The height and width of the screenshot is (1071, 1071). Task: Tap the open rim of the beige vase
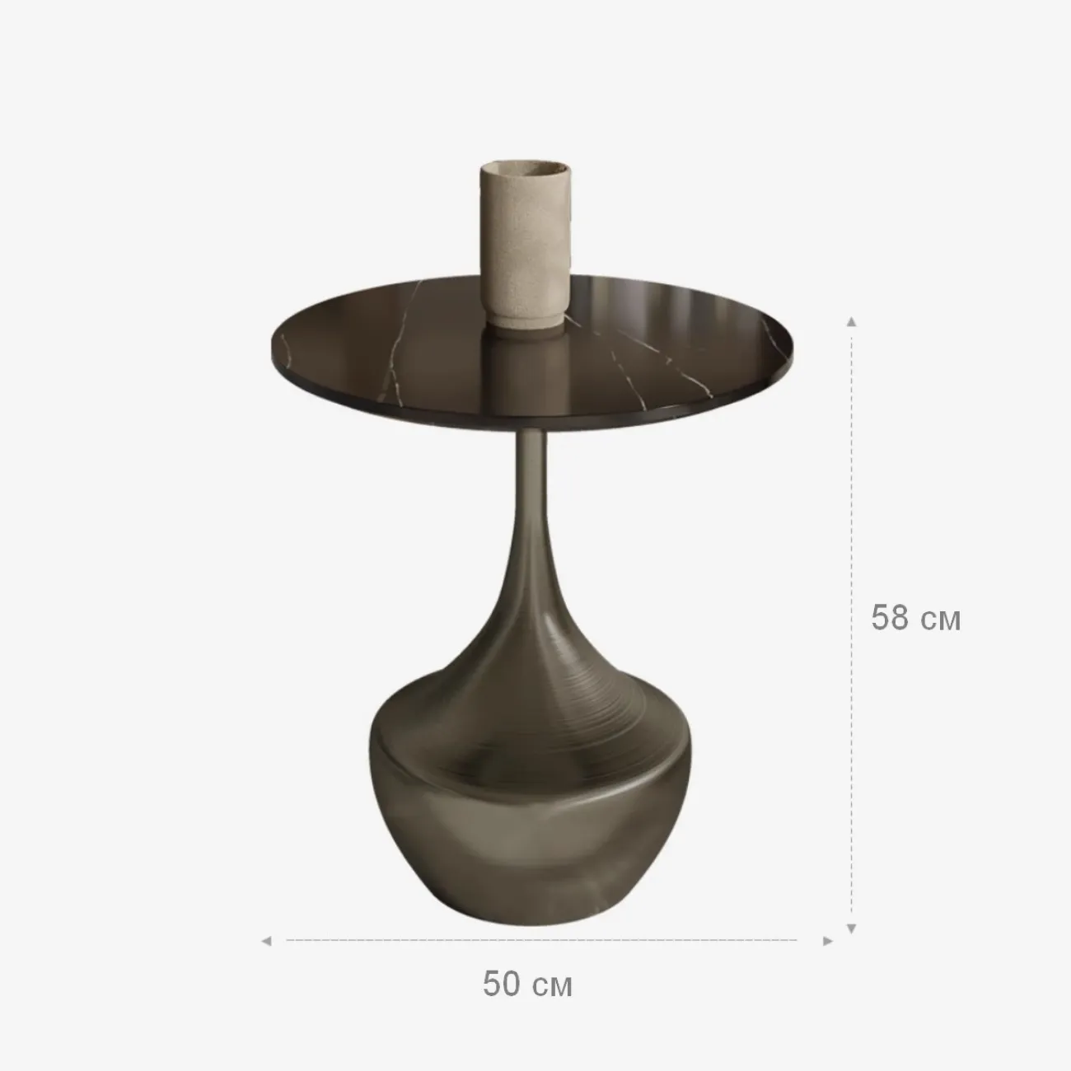tap(525, 166)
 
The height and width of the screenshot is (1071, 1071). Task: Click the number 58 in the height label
tap(889, 617)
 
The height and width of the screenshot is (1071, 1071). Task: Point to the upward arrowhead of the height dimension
tap(851, 322)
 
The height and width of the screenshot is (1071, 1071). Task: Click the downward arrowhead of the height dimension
tap(851, 928)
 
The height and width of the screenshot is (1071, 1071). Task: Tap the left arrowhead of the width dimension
tap(266, 941)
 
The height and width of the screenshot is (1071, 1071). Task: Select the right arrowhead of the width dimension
tap(828, 941)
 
